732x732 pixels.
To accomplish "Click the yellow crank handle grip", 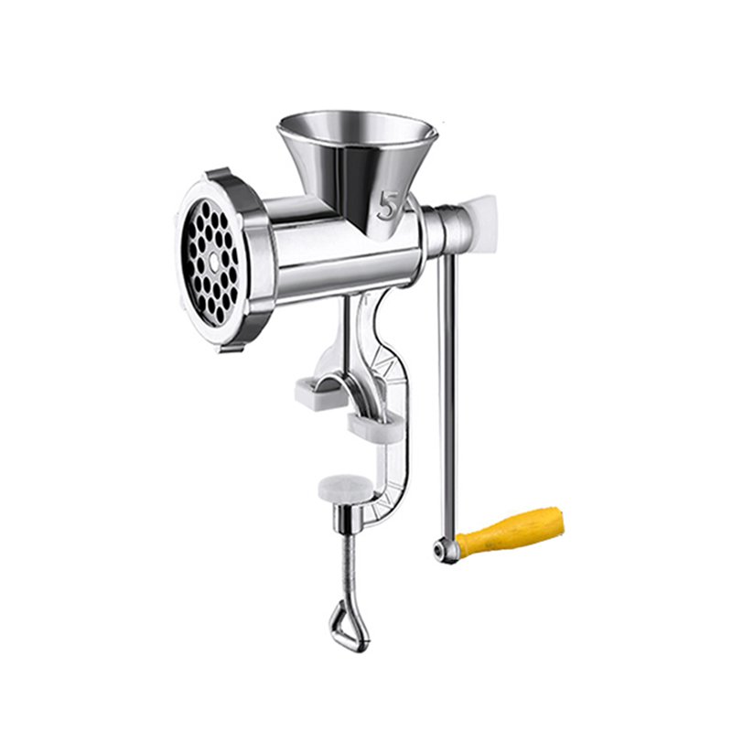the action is (511, 528).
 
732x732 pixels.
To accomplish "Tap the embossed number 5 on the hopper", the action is (387, 205).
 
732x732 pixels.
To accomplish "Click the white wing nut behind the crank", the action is (479, 217).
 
